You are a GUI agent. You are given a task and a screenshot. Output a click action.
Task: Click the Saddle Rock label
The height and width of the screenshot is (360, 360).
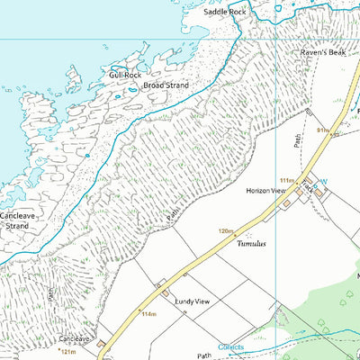click(x=224, y=13)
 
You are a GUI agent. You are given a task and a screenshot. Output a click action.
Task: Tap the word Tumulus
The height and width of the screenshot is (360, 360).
click(x=253, y=243)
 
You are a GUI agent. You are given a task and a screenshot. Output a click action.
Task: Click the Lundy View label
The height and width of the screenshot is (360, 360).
click(x=193, y=303)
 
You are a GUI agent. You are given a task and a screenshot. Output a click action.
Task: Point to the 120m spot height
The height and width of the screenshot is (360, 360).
click(x=225, y=231)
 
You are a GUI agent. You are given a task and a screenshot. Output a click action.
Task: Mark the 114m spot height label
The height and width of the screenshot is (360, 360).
click(x=148, y=314)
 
